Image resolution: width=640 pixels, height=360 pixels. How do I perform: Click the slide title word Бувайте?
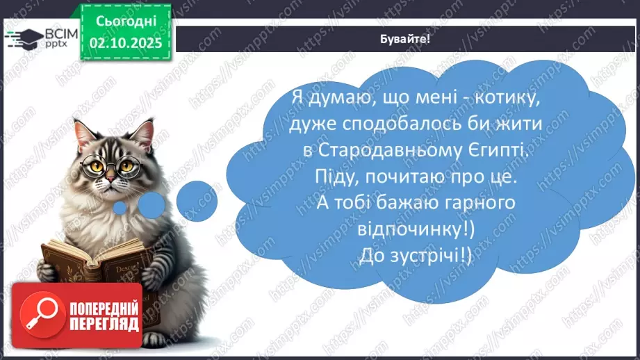click(406, 38)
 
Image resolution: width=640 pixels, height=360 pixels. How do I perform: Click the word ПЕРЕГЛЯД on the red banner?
click(104, 323)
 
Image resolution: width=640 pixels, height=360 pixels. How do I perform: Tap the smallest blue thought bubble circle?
click(120, 207)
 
